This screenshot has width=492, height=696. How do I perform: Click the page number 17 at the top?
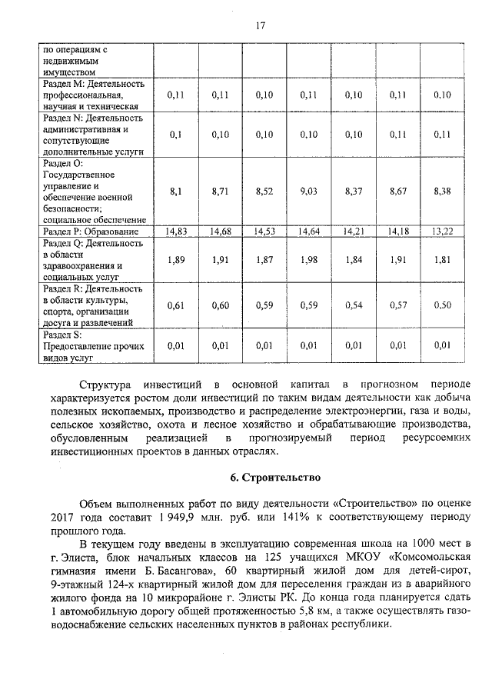click(260, 25)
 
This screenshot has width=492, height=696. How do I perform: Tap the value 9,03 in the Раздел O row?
click(309, 191)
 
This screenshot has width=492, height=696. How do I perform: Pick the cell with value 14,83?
click(177, 231)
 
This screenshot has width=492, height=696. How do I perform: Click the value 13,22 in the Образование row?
click(442, 231)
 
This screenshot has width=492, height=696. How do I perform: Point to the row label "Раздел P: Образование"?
click(91, 231)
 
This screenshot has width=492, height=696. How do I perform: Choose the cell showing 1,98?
click(309, 260)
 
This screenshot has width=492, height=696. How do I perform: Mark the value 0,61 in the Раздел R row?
click(177, 305)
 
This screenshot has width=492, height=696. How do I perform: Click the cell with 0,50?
click(442, 305)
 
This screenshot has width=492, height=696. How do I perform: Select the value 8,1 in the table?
click(177, 191)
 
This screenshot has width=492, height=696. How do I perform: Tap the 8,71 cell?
click(221, 191)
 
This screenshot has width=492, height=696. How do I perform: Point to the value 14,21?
click(354, 231)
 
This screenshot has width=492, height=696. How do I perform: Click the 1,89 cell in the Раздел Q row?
click(177, 260)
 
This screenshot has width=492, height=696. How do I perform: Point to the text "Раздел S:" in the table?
click(63, 336)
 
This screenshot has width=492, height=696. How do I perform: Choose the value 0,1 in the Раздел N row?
click(177, 135)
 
